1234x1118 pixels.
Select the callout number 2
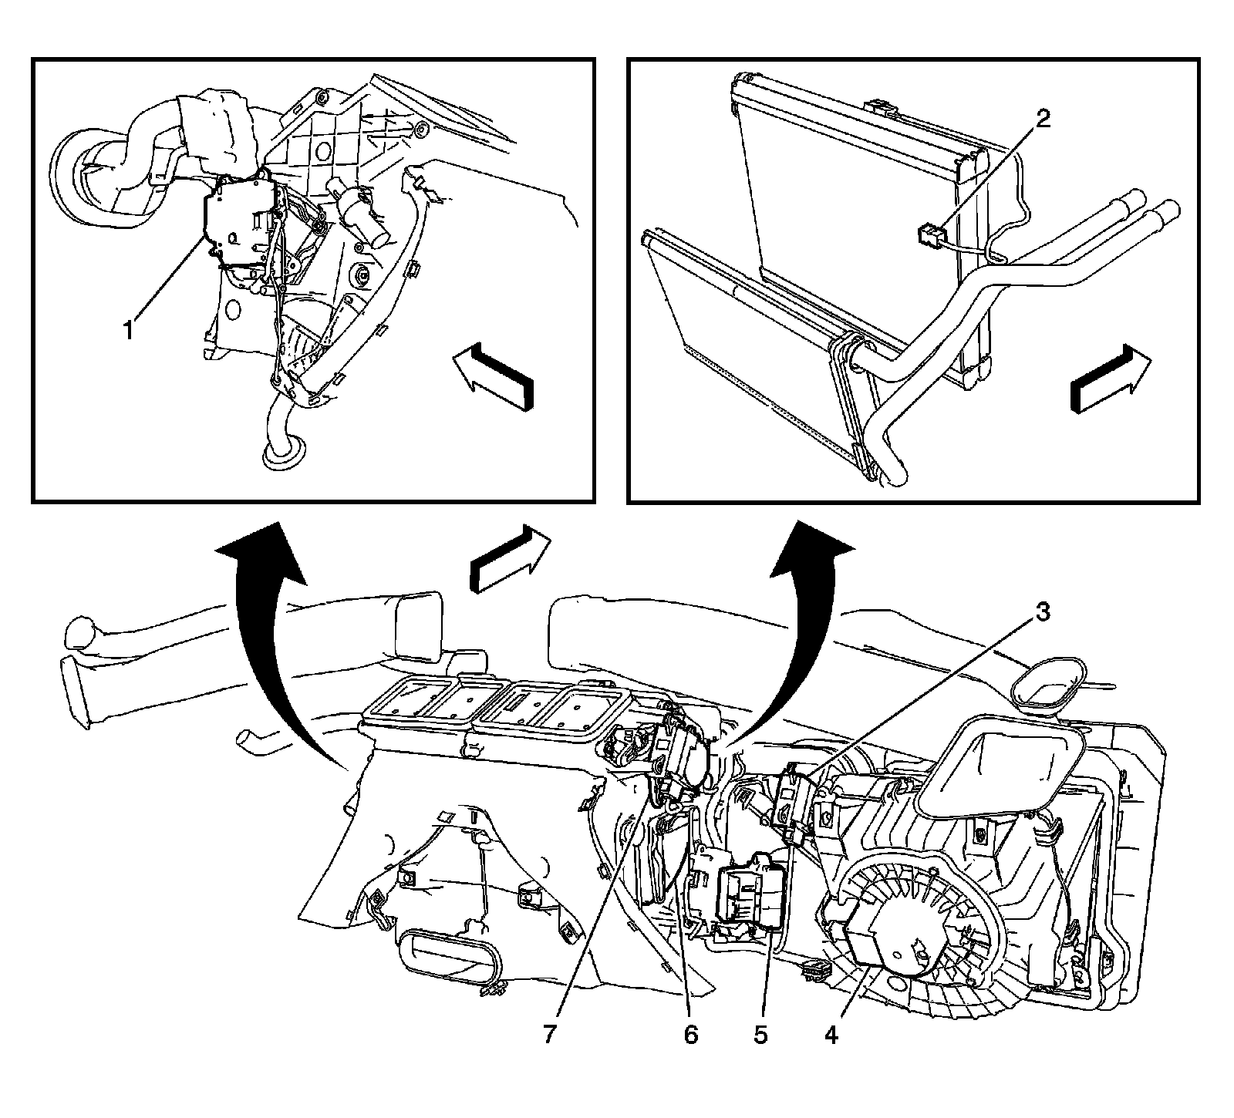pos(1042,120)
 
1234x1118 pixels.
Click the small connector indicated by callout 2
pos(931,233)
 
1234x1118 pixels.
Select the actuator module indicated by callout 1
pos(235,224)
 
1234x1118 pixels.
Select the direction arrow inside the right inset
pos(1111,382)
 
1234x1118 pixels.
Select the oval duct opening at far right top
pos(1045,682)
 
